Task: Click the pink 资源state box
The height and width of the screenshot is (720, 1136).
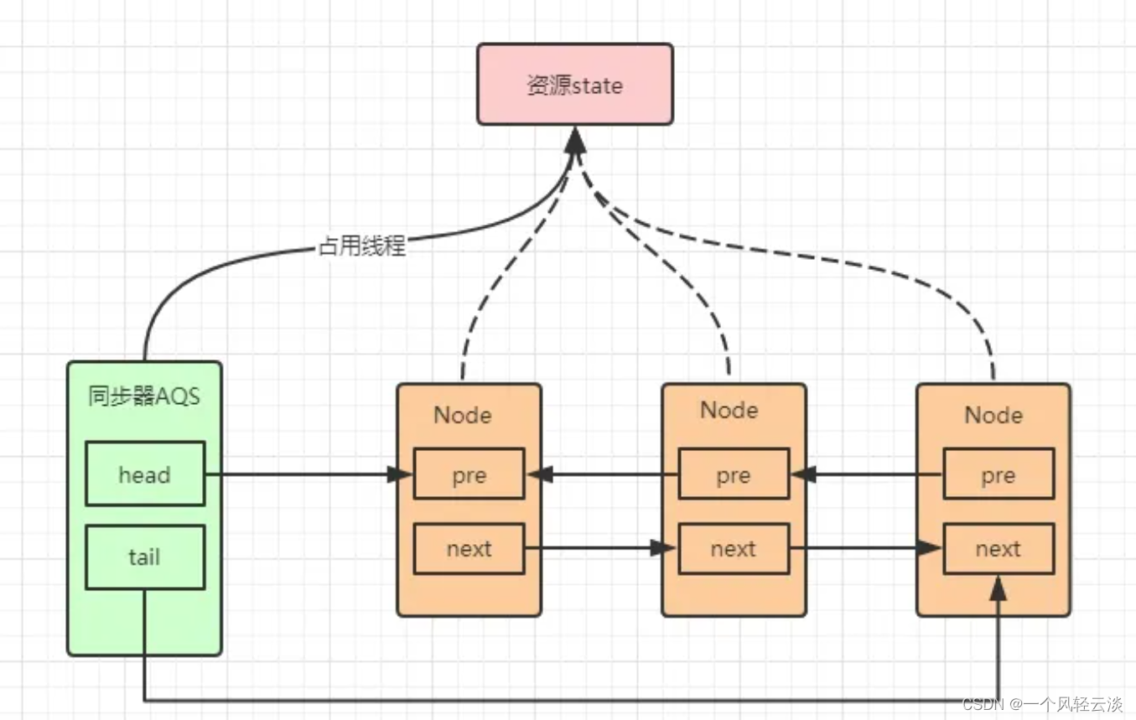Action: [x=574, y=85]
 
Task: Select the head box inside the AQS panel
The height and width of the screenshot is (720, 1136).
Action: [x=144, y=474]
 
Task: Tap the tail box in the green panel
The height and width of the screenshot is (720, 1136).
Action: [x=144, y=557]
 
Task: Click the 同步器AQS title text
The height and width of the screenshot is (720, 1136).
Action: [x=144, y=396]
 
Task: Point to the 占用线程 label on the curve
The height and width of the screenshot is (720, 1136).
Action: [x=362, y=246]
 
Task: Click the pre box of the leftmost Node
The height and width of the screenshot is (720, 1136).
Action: [x=469, y=475]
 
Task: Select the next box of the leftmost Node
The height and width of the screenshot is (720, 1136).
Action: [x=469, y=549]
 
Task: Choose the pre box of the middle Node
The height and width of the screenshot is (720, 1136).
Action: [x=733, y=474]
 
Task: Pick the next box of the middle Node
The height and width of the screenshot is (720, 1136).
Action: [x=733, y=549]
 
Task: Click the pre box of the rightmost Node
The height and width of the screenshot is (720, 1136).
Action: [x=998, y=475]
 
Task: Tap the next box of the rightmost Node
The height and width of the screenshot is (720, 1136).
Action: [x=998, y=549]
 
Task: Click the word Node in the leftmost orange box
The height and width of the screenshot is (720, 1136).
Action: [x=463, y=415]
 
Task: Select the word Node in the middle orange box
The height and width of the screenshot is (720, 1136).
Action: [x=729, y=410]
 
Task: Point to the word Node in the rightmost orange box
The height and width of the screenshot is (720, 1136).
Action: [x=993, y=415]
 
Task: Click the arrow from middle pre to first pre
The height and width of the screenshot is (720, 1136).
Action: [x=604, y=475]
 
